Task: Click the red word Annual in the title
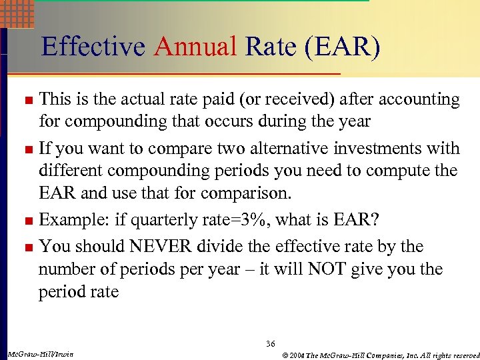(x=196, y=47)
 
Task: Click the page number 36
(x=270, y=343)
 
